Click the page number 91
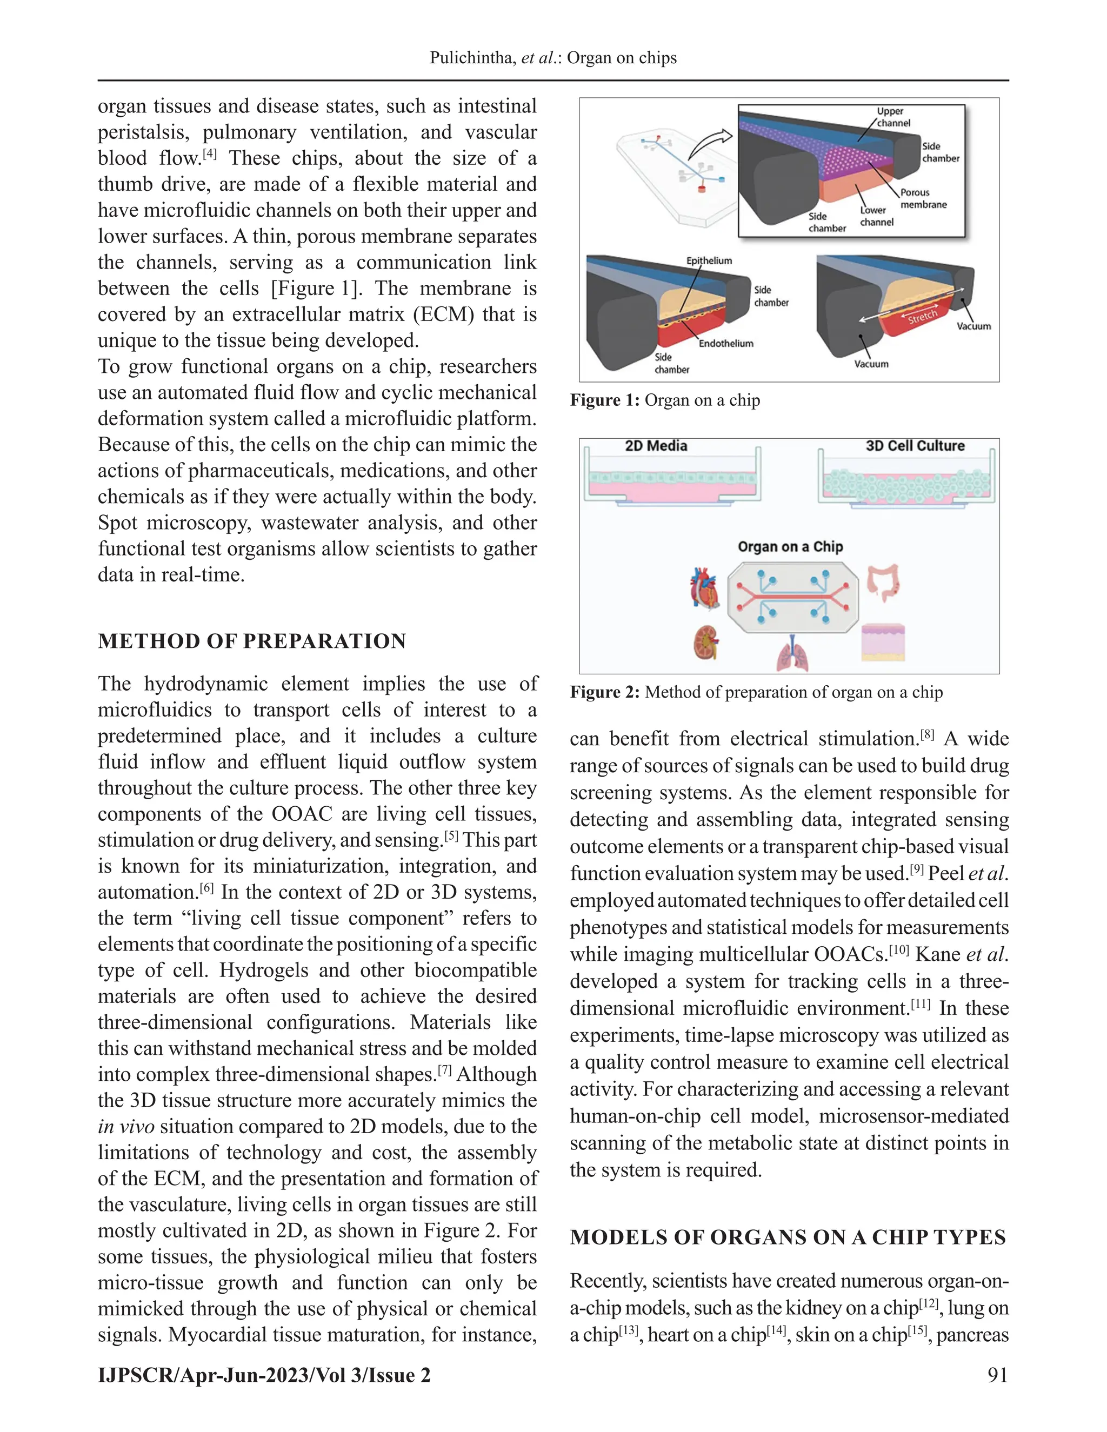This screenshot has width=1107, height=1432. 997,1375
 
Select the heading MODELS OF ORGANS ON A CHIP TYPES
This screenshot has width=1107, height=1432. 788,1237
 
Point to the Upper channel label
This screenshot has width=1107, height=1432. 892,117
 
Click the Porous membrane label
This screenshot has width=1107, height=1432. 923,198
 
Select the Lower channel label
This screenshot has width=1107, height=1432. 876,216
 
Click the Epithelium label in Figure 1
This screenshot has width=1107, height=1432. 709,261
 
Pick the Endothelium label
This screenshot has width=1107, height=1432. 725,343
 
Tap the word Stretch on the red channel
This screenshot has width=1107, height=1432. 922,317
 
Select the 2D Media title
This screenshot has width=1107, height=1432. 656,446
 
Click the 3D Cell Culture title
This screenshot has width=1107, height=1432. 915,446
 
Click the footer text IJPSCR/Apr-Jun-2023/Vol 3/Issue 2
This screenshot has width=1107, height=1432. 264,1375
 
